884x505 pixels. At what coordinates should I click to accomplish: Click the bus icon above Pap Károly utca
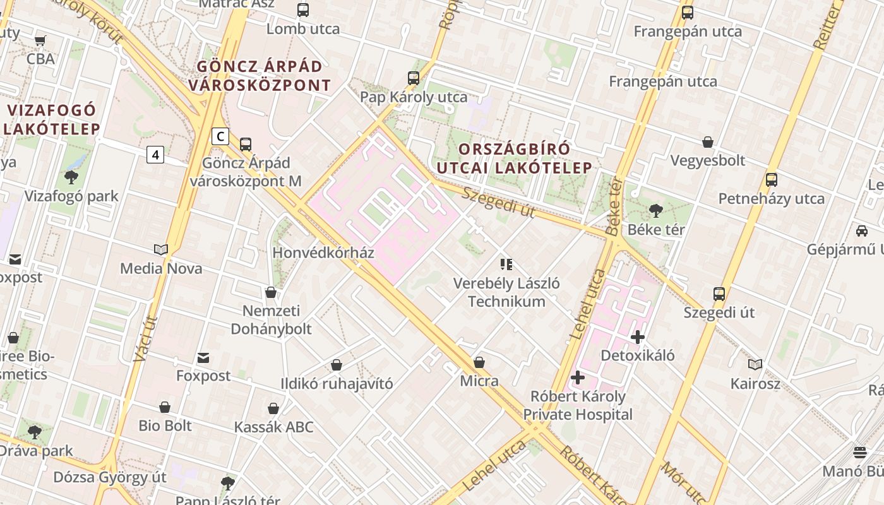click(x=414, y=78)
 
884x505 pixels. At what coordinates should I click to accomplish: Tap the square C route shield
click(x=220, y=136)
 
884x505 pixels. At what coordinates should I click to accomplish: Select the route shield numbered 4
click(x=155, y=154)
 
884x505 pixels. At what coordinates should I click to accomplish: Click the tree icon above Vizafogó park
click(x=71, y=177)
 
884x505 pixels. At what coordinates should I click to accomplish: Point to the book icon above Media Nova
click(x=161, y=250)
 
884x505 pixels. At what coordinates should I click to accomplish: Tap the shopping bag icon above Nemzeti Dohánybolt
click(x=271, y=292)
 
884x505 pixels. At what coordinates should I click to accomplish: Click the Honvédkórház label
click(x=323, y=253)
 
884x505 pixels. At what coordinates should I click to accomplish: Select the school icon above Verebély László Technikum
click(x=506, y=264)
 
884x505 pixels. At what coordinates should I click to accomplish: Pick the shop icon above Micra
click(x=479, y=362)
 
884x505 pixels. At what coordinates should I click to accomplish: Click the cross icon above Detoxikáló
click(x=638, y=336)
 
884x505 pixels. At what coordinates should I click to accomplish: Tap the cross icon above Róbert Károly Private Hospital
click(x=577, y=377)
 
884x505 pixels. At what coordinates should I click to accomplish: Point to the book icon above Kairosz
click(x=755, y=364)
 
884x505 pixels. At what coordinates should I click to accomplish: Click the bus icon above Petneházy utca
click(x=771, y=180)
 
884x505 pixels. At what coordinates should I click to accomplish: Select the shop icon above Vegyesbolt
click(x=708, y=142)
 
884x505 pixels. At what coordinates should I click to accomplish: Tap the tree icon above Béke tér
click(x=656, y=210)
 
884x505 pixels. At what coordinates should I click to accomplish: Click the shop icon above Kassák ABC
click(x=273, y=408)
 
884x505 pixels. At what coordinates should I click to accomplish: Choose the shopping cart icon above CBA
click(x=40, y=41)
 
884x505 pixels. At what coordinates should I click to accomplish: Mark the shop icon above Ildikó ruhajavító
click(x=337, y=365)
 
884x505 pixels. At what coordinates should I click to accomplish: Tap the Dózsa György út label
click(x=109, y=477)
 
